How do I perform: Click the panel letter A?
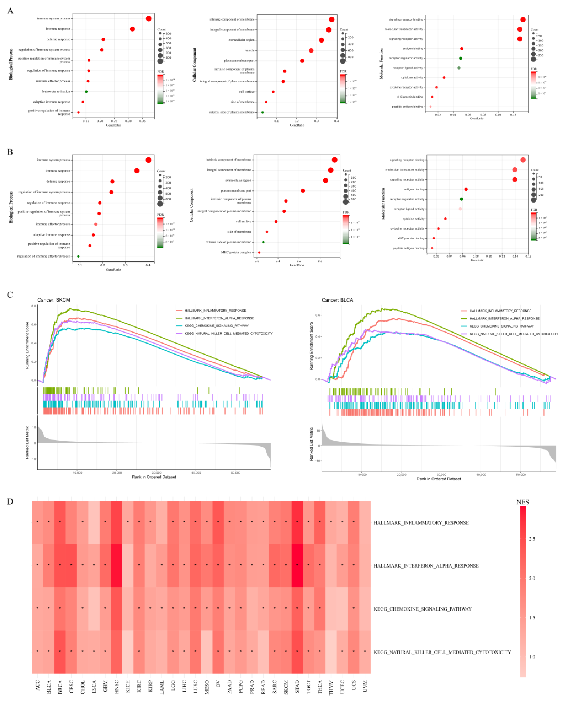[10, 11]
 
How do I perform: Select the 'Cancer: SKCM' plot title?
[54, 300]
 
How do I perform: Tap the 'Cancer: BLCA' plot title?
[337, 300]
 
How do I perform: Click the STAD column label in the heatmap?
[297, 687]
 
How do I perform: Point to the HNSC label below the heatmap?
[116, 687]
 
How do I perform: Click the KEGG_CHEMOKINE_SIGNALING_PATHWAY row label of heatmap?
[422, 609]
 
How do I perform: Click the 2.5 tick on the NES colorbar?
[532, 539]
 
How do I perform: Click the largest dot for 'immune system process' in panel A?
[149, 19]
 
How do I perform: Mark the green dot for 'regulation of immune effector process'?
[78, 256]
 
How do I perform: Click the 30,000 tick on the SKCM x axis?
[156, 472]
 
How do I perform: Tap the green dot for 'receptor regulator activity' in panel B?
[461, 199]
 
